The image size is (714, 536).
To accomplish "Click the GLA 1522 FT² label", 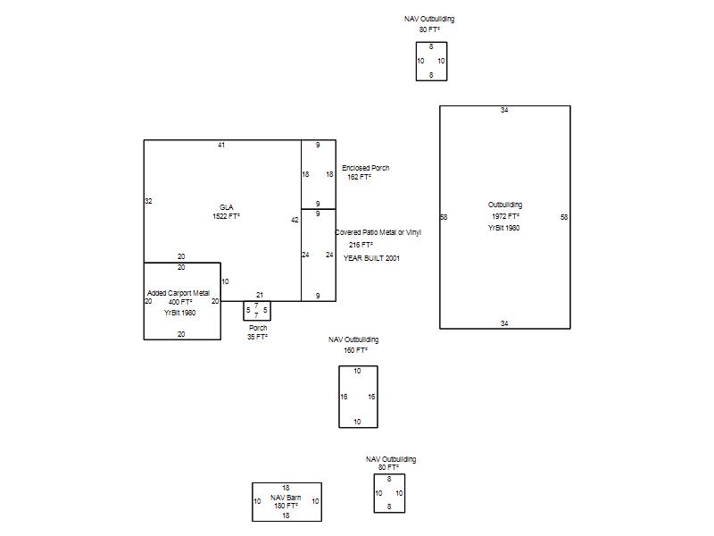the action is (x=227, y=212).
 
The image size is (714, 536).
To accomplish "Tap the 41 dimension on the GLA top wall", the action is (x=221, y=145).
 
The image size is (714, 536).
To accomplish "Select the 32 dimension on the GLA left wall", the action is (x=148, y=201).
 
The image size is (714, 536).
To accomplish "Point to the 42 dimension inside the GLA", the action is (x=295, y=220).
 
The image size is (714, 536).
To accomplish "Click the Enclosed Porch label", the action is (x=366, y=168).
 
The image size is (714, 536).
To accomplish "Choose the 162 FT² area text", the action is (x=360, y=177).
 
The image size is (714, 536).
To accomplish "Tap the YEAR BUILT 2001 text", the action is (x=371, y=258).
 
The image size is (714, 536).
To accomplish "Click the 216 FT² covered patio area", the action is (x=361, y=245).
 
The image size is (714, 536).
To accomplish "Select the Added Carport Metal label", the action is (x=178, y=293).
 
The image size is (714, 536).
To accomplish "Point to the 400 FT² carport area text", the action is (x=180, y=302).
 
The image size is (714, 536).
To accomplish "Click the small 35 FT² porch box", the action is (x=257, y=310).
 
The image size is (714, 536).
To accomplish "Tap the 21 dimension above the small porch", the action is (x=260, y=295).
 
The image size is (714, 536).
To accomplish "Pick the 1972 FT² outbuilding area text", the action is (x=505, y=216).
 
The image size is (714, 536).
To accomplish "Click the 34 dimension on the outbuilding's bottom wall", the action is (x=504, y=323).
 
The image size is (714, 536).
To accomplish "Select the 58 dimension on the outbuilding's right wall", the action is (x=564, y=217).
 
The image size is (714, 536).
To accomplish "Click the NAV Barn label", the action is (x=286, y=498).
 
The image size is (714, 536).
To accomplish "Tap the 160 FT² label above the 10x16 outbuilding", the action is (x=355, y=350).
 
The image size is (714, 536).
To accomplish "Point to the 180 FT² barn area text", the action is (x=286, y=506).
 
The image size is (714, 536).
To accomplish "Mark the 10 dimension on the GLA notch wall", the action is (x=225, y=281).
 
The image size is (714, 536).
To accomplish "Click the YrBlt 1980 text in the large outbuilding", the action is (x=504, y=228).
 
